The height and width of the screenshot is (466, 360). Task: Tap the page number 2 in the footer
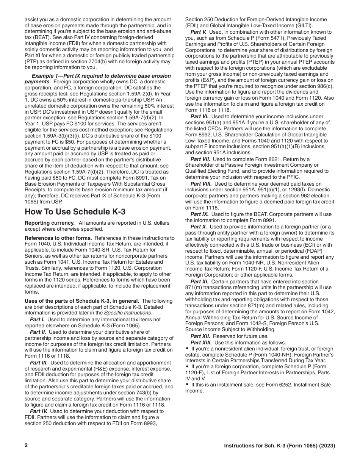click(x=26, y=446)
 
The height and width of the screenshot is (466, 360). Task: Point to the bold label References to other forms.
click(x=58, y=238)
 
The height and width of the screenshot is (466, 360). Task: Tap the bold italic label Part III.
click(x=39, y=363)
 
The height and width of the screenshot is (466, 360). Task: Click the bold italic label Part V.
click(x=199, y=32)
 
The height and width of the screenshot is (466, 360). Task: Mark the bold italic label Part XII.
click(x=200, y=336)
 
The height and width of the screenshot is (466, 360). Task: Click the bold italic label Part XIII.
click(x=201, y=342)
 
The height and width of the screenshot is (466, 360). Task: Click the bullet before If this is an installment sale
click(x=187, y=385)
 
